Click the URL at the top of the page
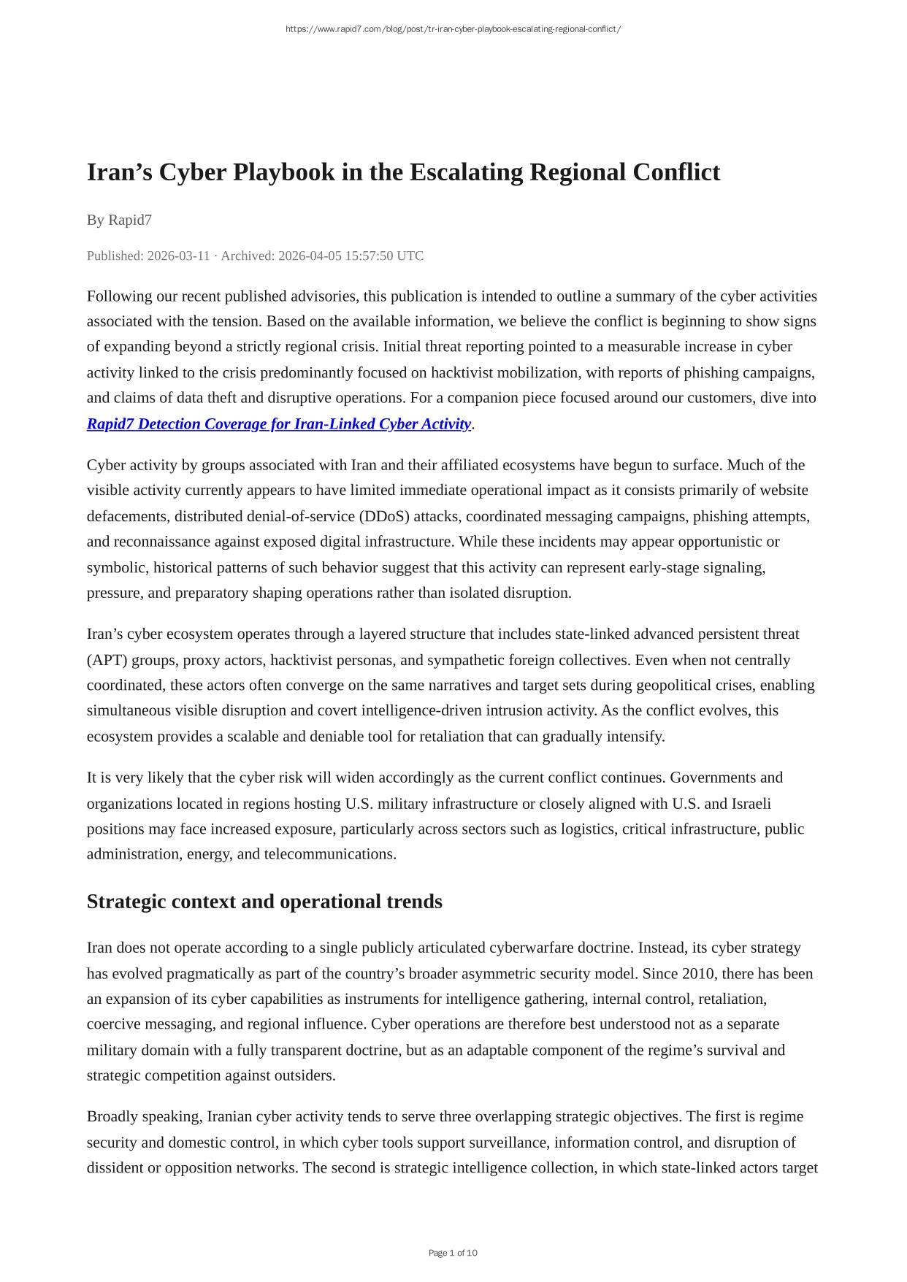(453, 29)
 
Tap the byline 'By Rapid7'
(119, 220)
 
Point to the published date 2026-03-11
(178, 256)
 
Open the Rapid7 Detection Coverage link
(279, 424)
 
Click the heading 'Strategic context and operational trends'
(264, 902)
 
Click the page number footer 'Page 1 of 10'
(453, 1253)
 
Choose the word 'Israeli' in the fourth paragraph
(751, 804)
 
